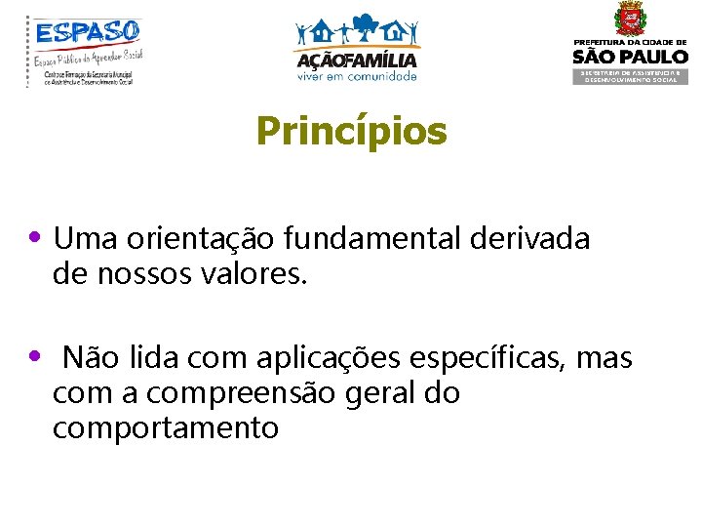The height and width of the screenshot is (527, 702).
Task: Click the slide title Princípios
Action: tap(351, 132)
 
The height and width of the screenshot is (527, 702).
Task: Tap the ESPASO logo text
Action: tap(88, 32)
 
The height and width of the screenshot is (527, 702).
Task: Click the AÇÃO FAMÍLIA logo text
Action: tap(356, 60)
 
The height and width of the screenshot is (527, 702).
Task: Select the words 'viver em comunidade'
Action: tap(356, 75)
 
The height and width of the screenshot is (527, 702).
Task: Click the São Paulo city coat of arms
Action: tap(629, 19)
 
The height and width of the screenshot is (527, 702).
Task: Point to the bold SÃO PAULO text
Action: tap(629, 57)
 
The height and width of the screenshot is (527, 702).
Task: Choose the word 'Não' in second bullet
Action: tap(85, 359)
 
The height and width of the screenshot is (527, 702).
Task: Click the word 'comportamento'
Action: tap(166, 428)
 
